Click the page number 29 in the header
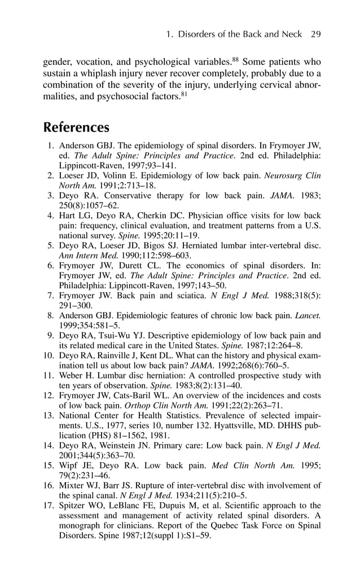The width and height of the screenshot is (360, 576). click(315, 34)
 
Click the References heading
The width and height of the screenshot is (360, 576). click(76, 127)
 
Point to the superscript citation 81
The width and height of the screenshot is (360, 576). click(184, 94)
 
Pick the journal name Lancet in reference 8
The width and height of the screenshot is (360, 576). click(309, 316)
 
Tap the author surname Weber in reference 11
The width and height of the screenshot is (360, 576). click(72, 375)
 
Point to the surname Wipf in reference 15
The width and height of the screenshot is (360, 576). click(70, 466)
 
